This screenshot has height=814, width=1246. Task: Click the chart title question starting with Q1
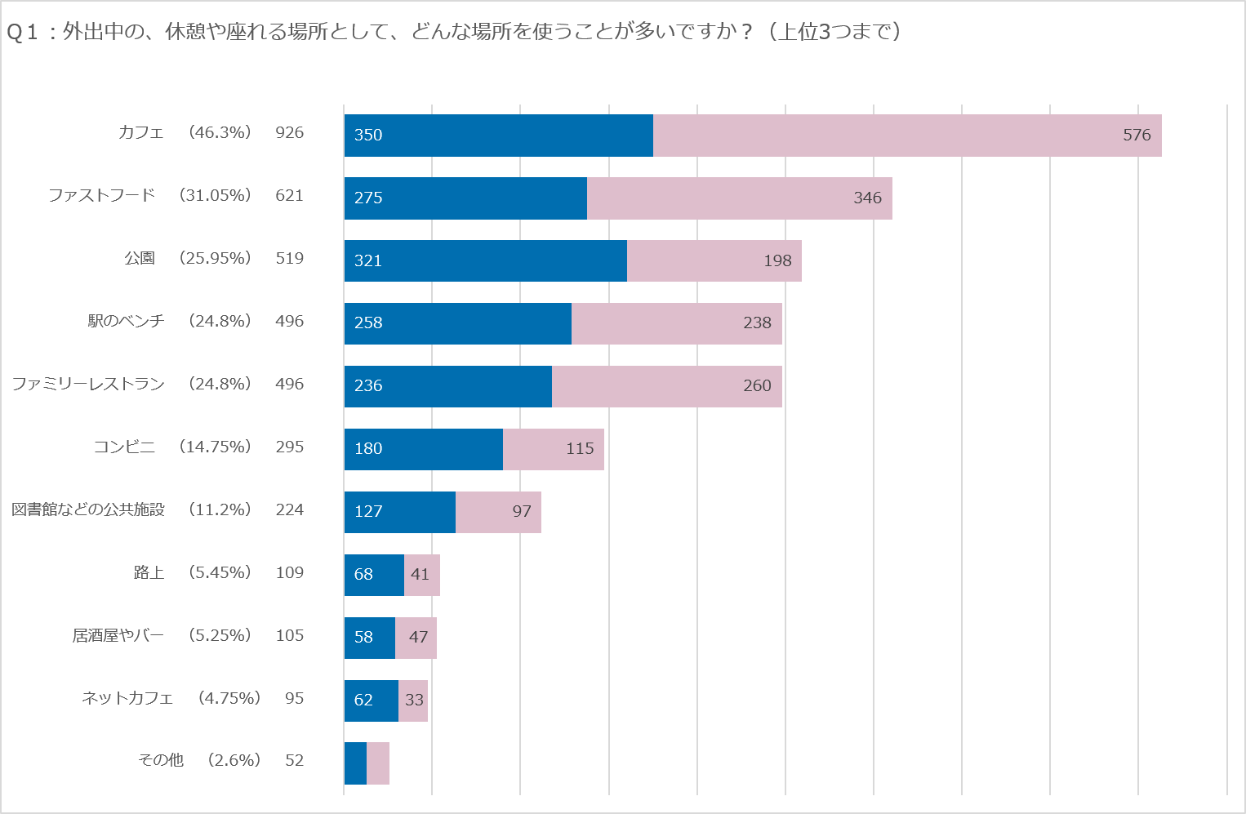point(453,32)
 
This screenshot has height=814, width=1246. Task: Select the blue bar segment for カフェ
point(498,136)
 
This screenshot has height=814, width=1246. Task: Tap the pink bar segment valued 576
point(906,136)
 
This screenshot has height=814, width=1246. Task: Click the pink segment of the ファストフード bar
point(739,198)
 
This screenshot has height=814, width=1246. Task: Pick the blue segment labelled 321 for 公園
point(485,260)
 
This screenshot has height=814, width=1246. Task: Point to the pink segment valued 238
point(676,323)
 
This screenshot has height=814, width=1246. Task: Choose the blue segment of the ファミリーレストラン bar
point(447,386)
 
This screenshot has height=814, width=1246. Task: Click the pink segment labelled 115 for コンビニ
point(553,449)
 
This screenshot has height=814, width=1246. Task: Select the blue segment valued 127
point(399,512)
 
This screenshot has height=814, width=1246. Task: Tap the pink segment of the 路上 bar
point(421,575)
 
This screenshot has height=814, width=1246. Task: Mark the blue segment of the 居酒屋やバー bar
point(369,638)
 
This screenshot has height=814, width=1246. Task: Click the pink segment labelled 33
point(412,701)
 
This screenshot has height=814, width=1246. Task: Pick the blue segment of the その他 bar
point(355,763)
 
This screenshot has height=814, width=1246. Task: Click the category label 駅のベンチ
point(126,321)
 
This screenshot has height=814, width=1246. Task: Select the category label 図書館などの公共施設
point(88,509)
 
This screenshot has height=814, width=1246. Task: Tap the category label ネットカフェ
point(127,698)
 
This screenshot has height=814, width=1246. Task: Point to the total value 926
point(289,132)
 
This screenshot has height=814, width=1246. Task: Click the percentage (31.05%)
point(216,195)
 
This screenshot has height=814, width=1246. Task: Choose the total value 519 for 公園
point(289,258)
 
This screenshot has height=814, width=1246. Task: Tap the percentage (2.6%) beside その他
point(234,760)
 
